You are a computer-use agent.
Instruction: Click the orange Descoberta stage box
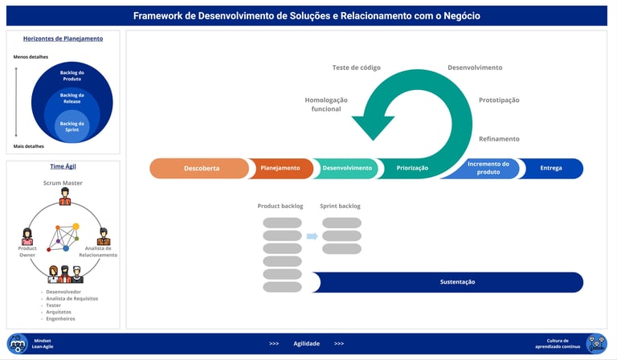pyautogui.click(x=201, y=168)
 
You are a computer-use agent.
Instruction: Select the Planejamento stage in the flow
pyautogui.click(x=280, y=168)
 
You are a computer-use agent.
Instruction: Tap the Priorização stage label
pyautogui.click(x=412, y=168)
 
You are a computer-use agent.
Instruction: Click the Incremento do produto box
pyautogui.click(x=488, y=168)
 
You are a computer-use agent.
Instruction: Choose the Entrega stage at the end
pyautogui.click(x=551, y=168)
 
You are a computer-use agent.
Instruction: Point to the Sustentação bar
pyautogui.click(x=457, y=282)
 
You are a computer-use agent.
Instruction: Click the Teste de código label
pyautogui.click(x=356, y=67)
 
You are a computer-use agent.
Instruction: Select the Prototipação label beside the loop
pyautogui.click(x=499, y=100)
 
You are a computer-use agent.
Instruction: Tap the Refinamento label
pyautogui.click(x=499, y=139)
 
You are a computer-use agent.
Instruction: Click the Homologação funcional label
pyautogui.click(x=326, y=104)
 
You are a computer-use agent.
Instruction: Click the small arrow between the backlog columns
pyautogui.click(x=313, y=235)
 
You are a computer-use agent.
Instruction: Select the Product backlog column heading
pyautogui.click(x=280, y=206)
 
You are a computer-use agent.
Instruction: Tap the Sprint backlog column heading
pyautogui.click(x=341, y=206)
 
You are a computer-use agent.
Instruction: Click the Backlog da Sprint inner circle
pyautogui.click(x=72, y=126)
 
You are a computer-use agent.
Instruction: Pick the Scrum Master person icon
pyautogui.click(x=65, y=196)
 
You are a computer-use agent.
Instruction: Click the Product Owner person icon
pyautogui.click(x=27, y=236)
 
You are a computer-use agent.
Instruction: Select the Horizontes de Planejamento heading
pyautogui.click(x=63, y=39)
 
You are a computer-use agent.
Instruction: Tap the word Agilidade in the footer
pyautogui.click(x=306, y=343)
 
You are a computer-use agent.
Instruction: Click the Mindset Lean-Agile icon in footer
pyautogui.click(x=18, y=343)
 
